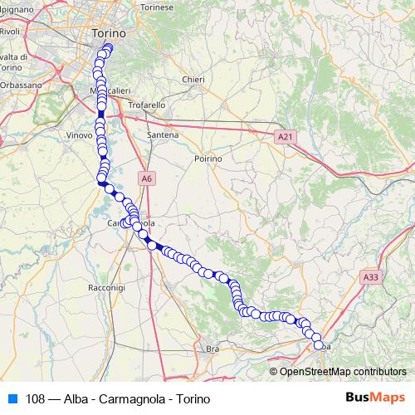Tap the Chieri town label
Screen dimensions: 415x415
pyautogui.click(x=193, y=80)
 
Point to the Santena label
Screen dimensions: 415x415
pyautogui.click(x=162, y=134)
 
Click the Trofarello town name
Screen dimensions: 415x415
pyautogui.click(x=148, y=105)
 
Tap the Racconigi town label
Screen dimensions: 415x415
pyautogui.click(x=105, y=286)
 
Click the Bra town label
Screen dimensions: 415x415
pyautogui.click(x=212, y=349)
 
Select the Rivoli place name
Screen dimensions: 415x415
pyautogui.click(x=10, y=32)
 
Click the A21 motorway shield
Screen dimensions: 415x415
pyautogui.click(x=286, y=135)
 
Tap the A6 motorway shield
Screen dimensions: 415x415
pyautogui.click(x=146, y=178)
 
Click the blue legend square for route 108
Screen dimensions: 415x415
pyautogui.click(x=12, y=399)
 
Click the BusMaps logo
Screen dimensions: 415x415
pyautogui.click(x=374, y=398)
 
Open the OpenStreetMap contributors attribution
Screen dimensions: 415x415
pyautogui.click(x=343, y=371)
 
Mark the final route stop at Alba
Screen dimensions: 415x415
pyautogui.click(x=319, y=345)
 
